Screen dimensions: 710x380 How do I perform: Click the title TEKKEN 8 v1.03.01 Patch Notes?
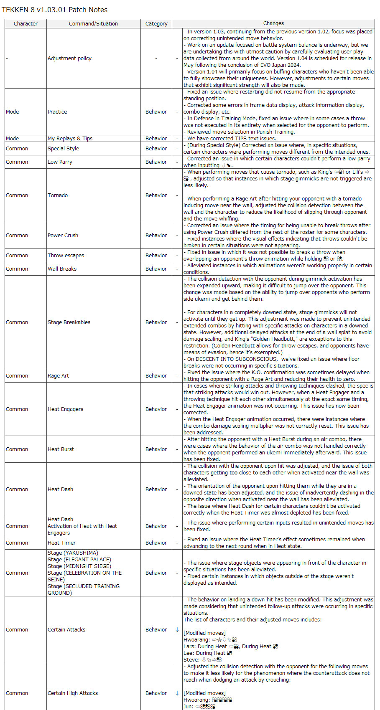click(55, 10)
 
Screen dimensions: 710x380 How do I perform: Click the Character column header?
click(26, 24)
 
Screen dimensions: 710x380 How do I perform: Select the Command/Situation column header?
click(93, 24)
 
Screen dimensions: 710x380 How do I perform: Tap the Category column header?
click(156, 24)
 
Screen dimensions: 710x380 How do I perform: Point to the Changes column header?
click(273, 24)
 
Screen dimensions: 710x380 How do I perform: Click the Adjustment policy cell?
click(69, 58)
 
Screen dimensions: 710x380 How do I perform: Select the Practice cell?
click(57, 112)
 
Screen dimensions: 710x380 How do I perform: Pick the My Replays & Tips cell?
click(70, 139)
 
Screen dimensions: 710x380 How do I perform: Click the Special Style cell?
click(63, 149)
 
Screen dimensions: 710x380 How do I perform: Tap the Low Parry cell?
click(60, 162)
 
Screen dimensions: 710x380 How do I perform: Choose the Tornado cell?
click(58, 195)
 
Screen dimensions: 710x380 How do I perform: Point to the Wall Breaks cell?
click(62, 269)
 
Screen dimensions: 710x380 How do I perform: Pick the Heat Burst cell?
click(61, 449)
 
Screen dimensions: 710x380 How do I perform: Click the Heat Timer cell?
click(61, 543)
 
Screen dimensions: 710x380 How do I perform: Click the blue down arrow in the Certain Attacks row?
click(177, 630)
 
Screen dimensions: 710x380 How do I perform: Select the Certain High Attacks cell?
click(73, 693)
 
